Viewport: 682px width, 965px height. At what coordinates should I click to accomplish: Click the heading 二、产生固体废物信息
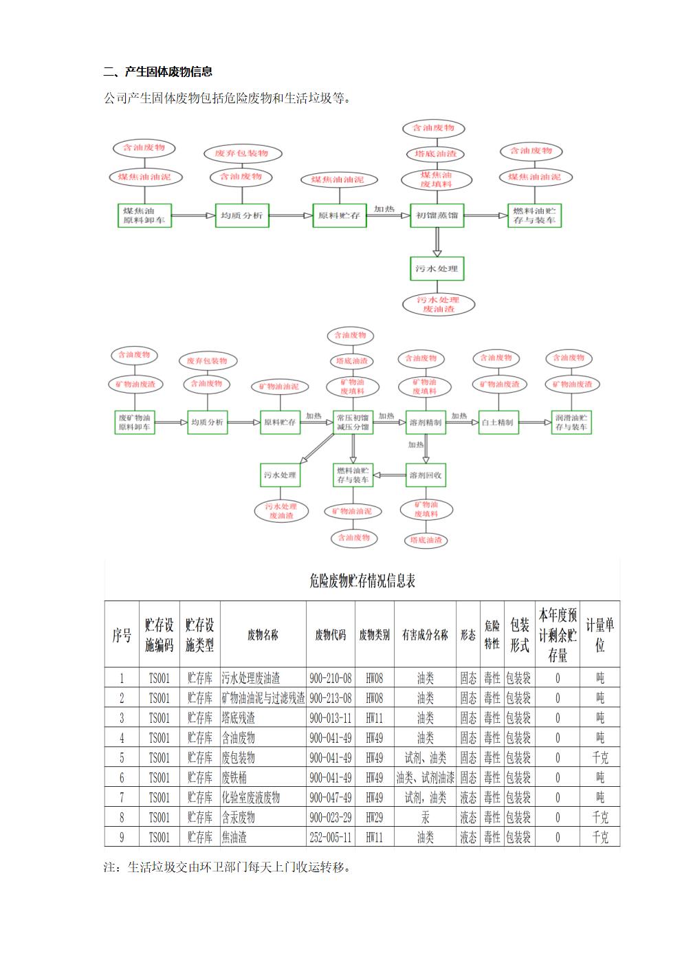click(x=158, y=72)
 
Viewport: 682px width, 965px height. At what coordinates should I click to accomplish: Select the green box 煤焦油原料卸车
click(x=144, y=215)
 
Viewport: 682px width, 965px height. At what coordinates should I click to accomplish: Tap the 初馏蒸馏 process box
click(x=437, y=215)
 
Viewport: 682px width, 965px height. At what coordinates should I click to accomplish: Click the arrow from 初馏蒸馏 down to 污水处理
click(x=437, y=241)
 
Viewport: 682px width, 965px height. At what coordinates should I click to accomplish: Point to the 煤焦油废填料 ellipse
click(x=437, y=180)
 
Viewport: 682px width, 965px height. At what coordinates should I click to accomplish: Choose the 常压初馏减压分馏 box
click(x=353, y=422)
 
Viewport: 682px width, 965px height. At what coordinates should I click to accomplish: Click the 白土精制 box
click(x=497, y=422)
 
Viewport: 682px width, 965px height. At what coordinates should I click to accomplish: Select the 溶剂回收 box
click(x=426, y=475)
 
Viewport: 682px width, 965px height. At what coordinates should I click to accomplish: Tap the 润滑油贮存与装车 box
click(x=571, y=422)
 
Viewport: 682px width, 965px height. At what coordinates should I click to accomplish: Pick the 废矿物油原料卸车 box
click(x=134, y=422)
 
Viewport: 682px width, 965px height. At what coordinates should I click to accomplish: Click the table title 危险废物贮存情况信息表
click(x=362, y=581)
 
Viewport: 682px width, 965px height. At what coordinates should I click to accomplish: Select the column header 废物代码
click(x=330, y=635)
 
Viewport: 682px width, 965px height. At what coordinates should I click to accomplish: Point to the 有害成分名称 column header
click(x=425, y=635)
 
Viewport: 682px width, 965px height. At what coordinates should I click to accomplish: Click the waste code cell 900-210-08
click(x=330, y=678)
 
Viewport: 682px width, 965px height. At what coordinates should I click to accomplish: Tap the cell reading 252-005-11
click(x=330, y=838)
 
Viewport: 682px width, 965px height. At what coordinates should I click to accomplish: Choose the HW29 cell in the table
click(x=374, y=818)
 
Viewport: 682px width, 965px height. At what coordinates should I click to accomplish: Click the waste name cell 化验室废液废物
click(x=250, y=798)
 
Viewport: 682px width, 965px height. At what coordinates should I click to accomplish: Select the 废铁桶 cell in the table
click(x=234, y=778)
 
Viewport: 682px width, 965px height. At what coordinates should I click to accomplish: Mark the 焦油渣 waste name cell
click(x=234, y=838)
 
